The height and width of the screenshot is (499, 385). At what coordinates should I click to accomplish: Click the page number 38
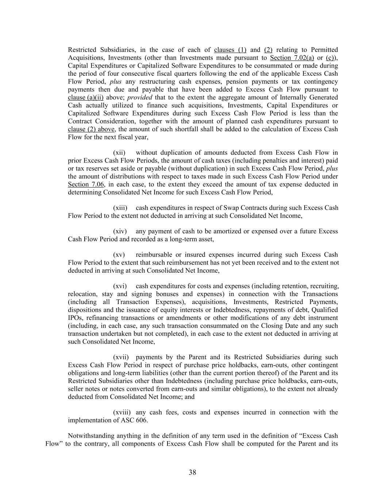point(192,472)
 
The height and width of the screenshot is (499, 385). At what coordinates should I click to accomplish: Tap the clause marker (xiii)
point(120,208)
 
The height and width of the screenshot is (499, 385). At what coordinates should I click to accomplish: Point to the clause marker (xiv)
point(120,231)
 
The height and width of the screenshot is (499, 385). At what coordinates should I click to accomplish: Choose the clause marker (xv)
point(119,255)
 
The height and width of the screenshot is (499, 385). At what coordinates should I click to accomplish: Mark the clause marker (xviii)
point(122,412)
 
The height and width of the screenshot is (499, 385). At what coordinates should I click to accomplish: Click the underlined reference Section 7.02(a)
point(292,58)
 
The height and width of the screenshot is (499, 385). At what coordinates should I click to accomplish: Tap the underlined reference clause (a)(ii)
point(85,98)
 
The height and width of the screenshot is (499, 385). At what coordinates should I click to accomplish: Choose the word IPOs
point(75,318)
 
